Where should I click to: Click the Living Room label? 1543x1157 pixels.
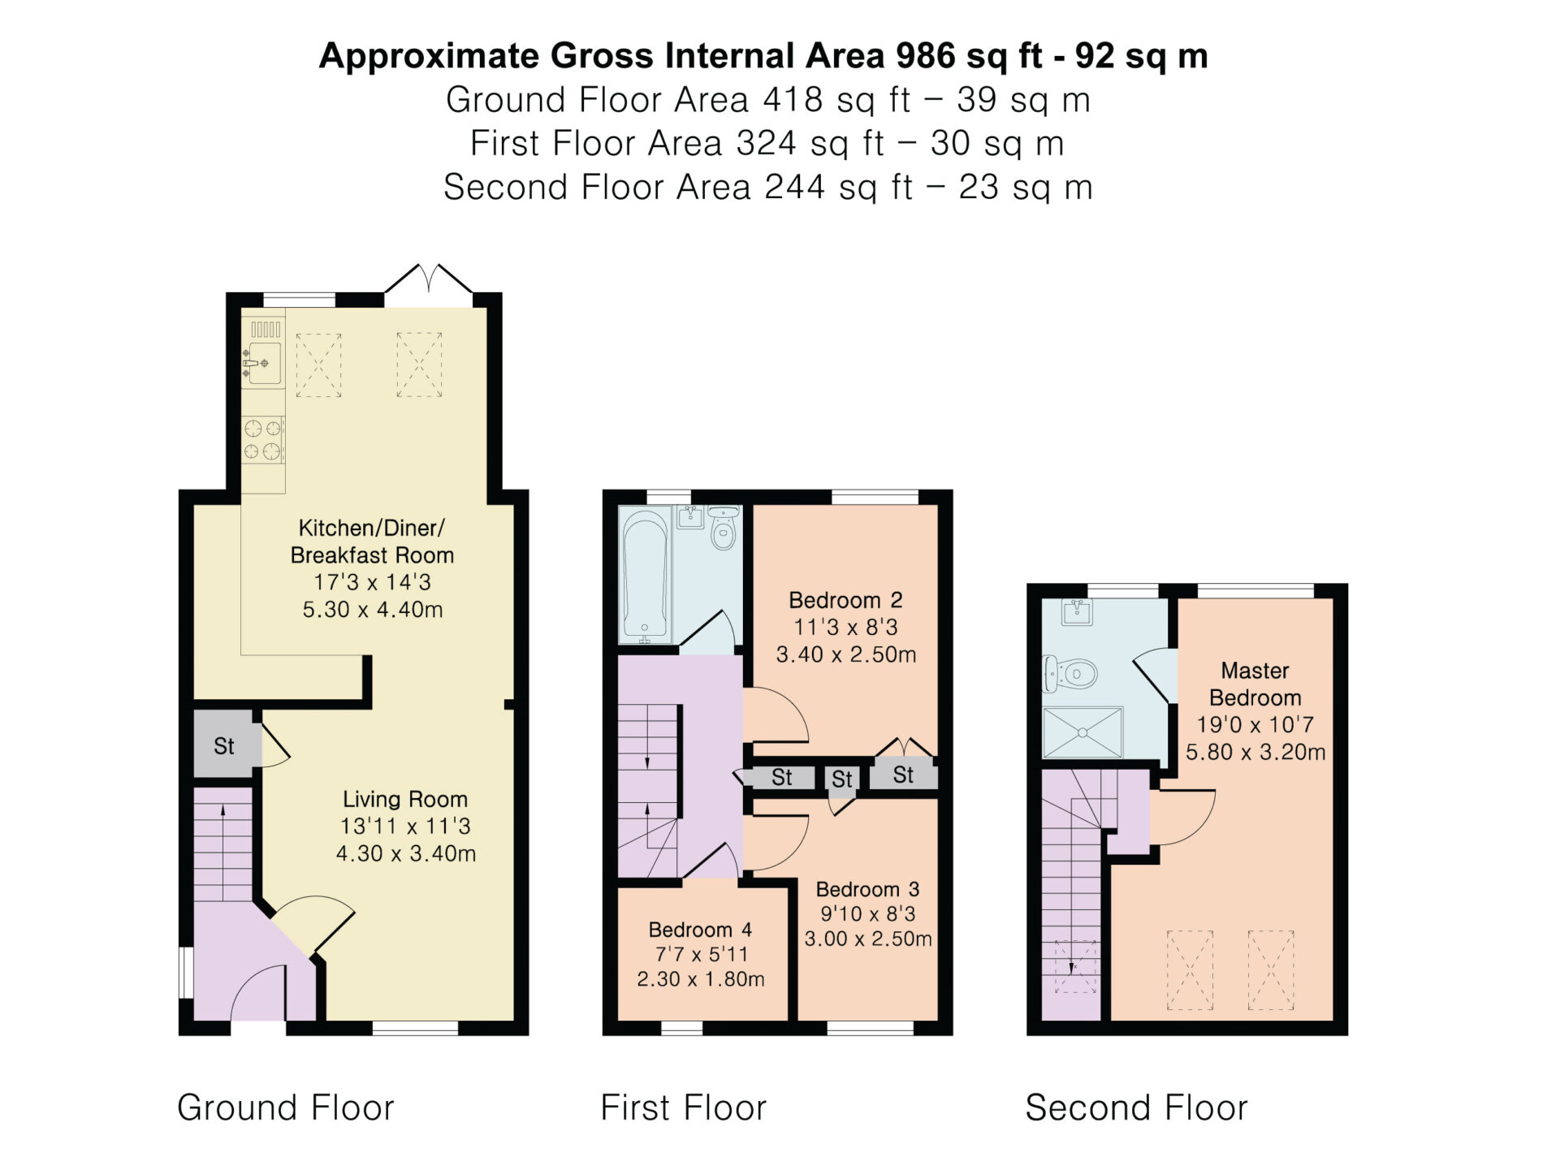coord(404,800)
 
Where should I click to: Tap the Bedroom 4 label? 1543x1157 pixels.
coord(700,930)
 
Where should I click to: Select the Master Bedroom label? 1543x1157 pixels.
coord(1255,684)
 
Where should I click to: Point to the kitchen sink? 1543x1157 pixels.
coord(263,363)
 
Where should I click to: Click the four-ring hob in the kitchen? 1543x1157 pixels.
coord(263,439)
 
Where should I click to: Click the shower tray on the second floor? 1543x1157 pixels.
coord(1083,732)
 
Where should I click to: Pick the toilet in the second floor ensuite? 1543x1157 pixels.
coord(1070,674)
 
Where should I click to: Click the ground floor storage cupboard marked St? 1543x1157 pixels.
coord(224,745)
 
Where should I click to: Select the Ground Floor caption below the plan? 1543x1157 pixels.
coord(286,1107)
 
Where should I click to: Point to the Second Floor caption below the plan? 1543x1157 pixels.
coord(1136,1107)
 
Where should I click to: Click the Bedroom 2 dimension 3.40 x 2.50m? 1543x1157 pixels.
coord(846,654)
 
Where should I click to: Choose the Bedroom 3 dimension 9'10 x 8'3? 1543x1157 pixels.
coord(867,913)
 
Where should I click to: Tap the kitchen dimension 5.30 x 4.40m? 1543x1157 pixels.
coord(373,610)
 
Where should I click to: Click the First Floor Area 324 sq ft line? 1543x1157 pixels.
coord(767,144)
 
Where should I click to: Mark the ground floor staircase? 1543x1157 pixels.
coord(223,844)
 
